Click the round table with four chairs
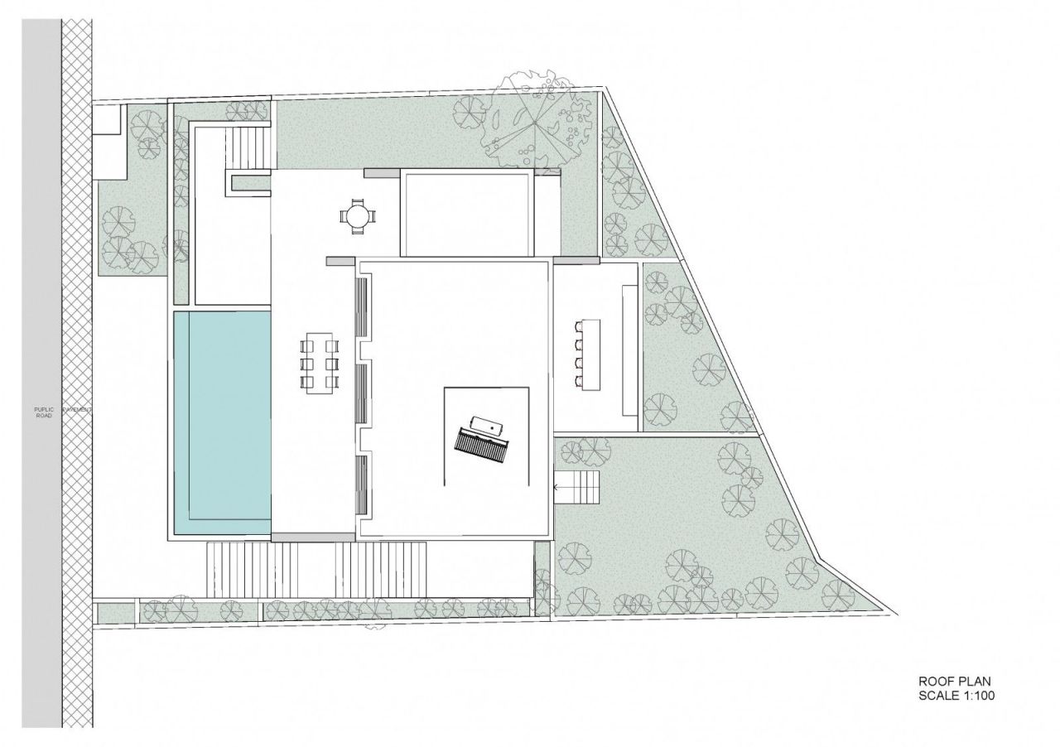click(357, 217)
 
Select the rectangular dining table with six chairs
click(320, 363)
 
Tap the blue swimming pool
click(222, 422)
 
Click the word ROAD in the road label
click(43, 415)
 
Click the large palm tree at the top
click(534, 123)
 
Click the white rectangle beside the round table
click(465, 214)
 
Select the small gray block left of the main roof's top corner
click(341, 261)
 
